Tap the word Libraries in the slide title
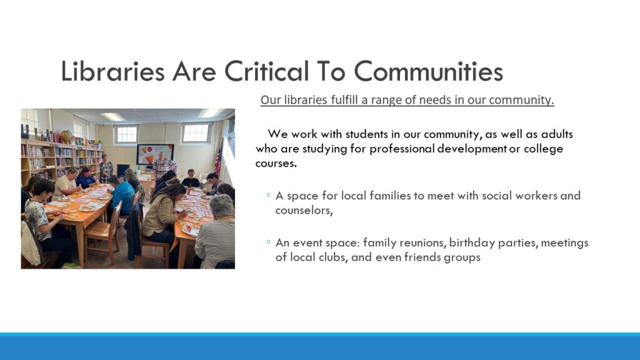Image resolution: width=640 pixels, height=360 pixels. pyautogui.click(x=112, y=71)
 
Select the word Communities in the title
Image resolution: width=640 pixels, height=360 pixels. pyautogui.click(x=428, y=71)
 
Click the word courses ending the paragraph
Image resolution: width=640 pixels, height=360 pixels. pyautogui.click(x=276, y=163)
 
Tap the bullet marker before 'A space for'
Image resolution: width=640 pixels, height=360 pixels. pyautogui.click(x=268, y=195)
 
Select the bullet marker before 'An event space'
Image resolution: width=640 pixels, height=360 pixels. pyautogui.click(x=268, y=242)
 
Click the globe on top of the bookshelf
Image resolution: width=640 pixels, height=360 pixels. pyautogui.click(x=66, y=136)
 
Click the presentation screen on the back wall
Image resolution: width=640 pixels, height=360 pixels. pyautogui.click(x=155, y=154)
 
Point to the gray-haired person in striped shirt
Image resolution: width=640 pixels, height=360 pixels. pyautogui.click(x=216, y=232)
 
